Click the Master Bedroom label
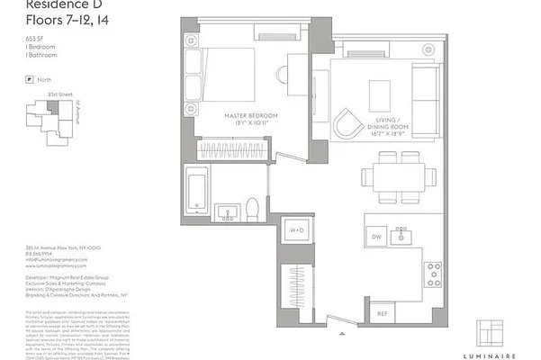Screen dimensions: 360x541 (x=251, y=116)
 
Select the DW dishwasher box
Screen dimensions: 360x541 (x=376, y=236)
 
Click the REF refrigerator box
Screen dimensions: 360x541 (x=382, y=313)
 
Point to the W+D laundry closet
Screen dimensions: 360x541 (x=295, y=231)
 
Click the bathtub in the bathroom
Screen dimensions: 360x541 (x=196, y=191)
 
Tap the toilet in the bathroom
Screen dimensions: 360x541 (x=254, y=207)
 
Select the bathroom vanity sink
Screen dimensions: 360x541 (x=226, y=212)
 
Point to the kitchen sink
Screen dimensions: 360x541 (x=402, y=236)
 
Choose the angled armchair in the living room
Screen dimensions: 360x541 (x=347, y=123)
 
